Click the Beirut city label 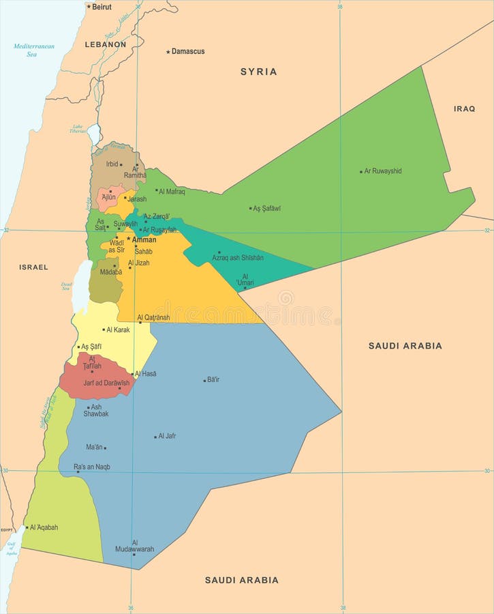point(102,6)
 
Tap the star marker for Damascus point(168,52)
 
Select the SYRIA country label point(258,72)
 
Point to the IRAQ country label point(464,108)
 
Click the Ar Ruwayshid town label point(383,171)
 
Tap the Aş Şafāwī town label point(267,208)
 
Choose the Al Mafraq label point(172,192)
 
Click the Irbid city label point(112,164)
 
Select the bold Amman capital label point(144,239)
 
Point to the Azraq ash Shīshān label point(238,257)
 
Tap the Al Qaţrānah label point(153,317)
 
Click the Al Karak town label point(118,330)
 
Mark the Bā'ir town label point(213,379)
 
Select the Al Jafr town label point(167,436)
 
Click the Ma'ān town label point(94,447)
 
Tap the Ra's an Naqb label point(92,467)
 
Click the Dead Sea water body point(80,287)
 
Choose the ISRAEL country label point(33,267)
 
